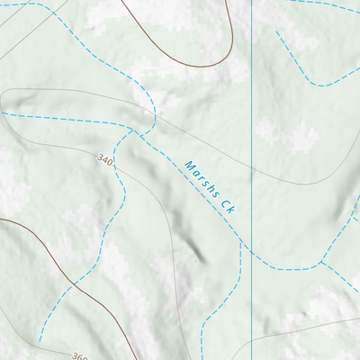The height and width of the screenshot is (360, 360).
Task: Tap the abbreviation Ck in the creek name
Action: (227, 207)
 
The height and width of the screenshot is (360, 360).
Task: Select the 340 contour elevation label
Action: (104, 160)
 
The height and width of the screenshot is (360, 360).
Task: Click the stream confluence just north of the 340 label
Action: (135, 130)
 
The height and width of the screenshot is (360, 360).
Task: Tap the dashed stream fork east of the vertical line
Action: (322, 263)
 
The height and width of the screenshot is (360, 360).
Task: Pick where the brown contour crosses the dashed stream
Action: (71, 287)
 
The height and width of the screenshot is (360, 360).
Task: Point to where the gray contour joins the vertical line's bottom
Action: (251, 342)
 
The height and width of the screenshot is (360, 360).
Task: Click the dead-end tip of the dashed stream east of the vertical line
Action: (276, 32)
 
